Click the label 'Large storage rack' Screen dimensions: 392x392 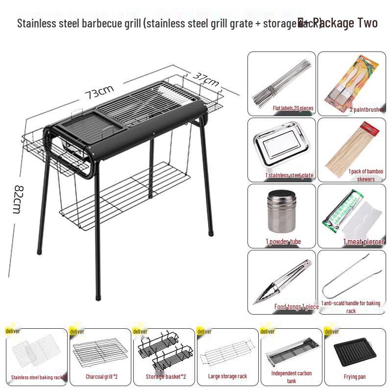tap(227, 376)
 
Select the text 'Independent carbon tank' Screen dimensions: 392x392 tap(292, 377)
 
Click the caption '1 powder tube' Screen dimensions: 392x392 tap(283, 242)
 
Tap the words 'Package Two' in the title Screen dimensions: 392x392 tap(345, 23)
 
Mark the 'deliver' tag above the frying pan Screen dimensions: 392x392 tap(332, 332)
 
